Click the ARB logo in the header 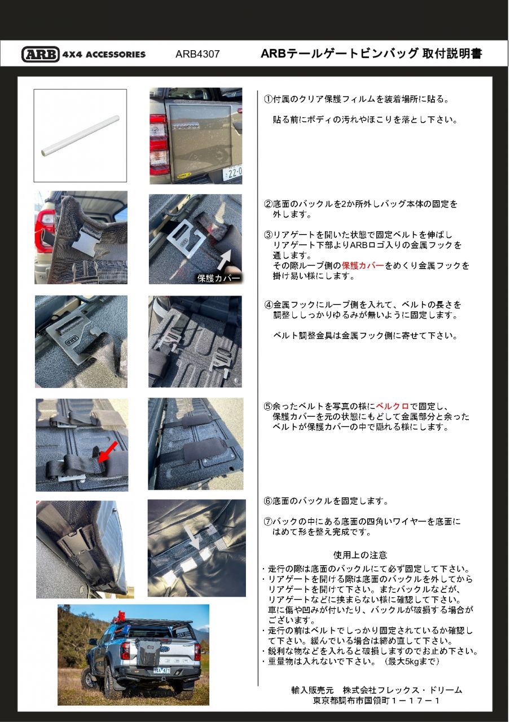[x=40, y=54]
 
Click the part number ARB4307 [x=197, y=55]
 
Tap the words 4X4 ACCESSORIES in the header [x=104, y=55]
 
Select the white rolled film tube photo [x=80, y=136]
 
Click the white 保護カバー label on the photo [x=218, y=278]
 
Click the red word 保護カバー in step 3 [x=362, y=266]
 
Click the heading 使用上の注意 [x=360, y=555]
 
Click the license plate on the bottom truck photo [x=162, y=670]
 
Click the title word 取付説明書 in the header [x=452, y=54]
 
